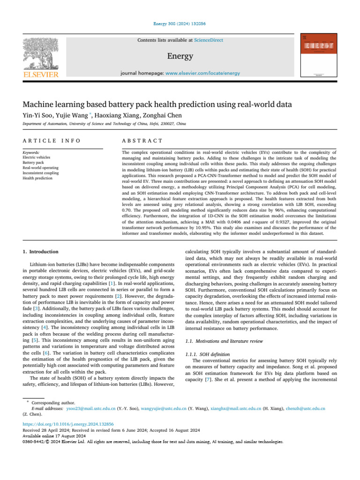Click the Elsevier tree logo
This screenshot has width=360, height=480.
click(x=41, y=53)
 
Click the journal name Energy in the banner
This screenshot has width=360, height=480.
click(x=180, y=56)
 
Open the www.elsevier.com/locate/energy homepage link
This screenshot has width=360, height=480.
click(x=202, y=74)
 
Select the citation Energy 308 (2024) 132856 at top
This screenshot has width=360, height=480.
click(x=180, y=23)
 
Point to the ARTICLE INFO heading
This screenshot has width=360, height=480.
click(x=52, y=141)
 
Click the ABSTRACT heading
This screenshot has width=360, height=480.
click(x=142, y=141)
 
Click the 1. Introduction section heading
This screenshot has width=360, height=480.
click(x=41, y=252)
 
